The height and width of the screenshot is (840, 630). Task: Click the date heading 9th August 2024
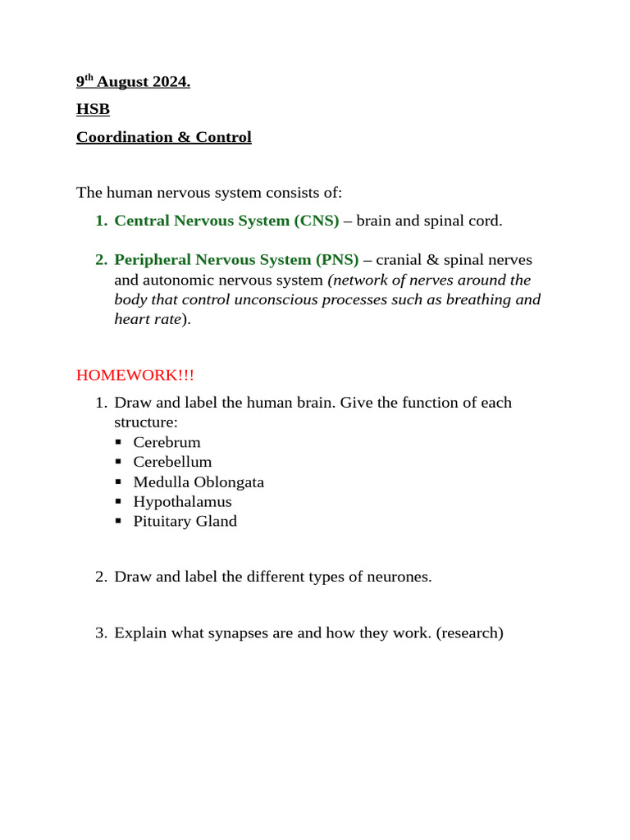tap(133, 83)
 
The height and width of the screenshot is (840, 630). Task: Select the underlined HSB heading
tap(93, 110)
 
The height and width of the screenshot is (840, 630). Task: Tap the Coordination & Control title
tap(163, 138)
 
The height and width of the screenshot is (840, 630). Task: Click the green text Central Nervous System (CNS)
tap(226, 221)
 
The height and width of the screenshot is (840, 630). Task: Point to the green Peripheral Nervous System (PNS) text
tap(236, 260)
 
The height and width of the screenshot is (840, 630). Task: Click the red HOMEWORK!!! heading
tap(135, 376)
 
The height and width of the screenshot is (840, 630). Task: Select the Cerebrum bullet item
tap(167, 443)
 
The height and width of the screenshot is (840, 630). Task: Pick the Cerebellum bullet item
tap(172, 463)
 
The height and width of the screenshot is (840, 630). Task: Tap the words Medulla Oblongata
tap(199, 482)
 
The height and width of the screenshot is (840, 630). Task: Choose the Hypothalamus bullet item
tap(182, 502)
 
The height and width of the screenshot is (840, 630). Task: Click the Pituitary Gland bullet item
tap(185, 522)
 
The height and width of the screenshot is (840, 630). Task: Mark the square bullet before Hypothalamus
tap(119, 502)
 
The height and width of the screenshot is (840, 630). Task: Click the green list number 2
tap(101, 260)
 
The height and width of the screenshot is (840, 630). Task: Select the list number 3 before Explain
tap(101, 633)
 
